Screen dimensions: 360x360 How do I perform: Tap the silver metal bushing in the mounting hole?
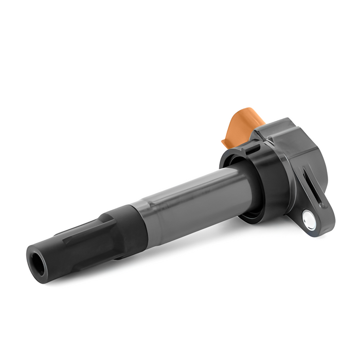coord(308,218)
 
